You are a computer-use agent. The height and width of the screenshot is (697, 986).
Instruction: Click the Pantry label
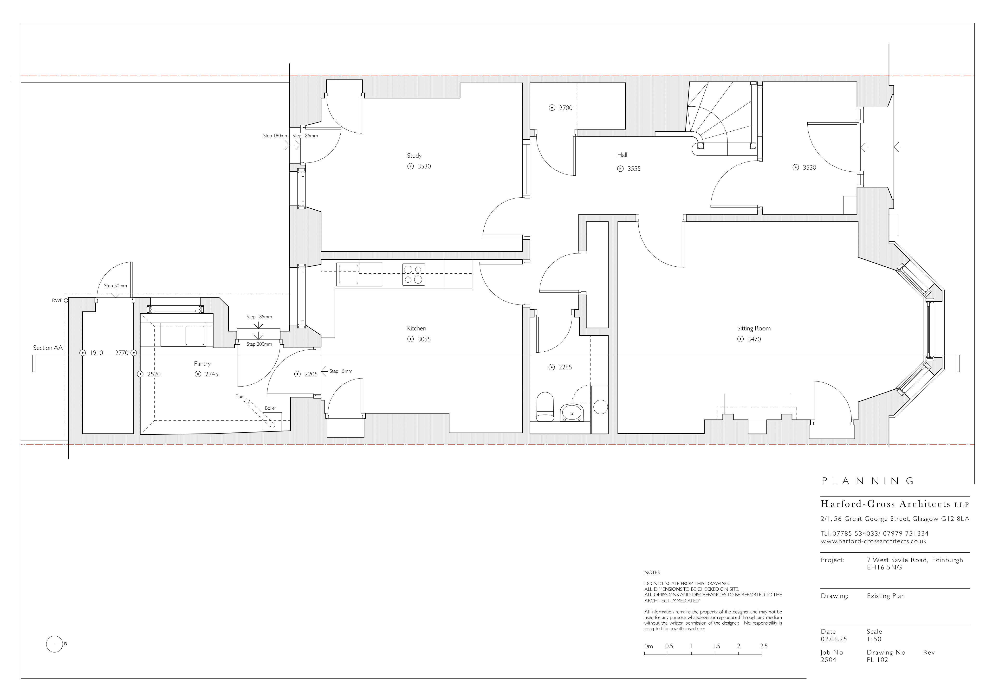[202, 364]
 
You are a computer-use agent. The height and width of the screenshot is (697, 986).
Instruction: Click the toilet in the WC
[545, 406]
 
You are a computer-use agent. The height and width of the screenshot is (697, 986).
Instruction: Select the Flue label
[239, 396]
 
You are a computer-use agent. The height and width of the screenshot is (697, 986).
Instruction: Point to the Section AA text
[48, 348]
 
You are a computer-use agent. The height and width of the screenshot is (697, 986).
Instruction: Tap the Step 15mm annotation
[341, 371]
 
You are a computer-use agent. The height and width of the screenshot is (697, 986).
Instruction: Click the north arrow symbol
[55, 644]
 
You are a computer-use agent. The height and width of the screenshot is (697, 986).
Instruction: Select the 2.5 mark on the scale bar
[763, 646]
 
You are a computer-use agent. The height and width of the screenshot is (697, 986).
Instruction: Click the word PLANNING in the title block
[868, 481]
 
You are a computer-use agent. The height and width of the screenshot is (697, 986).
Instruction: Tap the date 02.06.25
[834, 639]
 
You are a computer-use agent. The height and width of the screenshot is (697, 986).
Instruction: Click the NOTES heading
[652, 573]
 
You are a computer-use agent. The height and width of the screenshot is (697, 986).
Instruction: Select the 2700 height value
[565, 108]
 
